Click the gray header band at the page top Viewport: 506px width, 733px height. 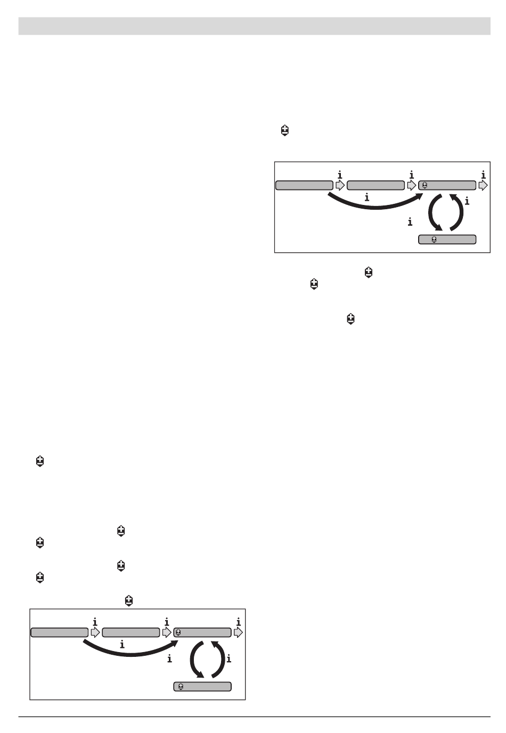pos(254,26)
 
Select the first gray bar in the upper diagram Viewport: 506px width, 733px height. pos(304,185)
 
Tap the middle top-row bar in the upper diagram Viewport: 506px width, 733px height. pos(376,185)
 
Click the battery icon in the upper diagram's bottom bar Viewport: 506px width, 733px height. pos(434,240)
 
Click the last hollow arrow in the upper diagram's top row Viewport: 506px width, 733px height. pos(483,185)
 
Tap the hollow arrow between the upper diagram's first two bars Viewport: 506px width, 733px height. pos(340,185)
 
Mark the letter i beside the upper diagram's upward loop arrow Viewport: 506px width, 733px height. pos(467,202)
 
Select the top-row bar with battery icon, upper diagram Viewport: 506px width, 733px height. pos(447,185)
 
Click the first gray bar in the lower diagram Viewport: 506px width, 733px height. pos(59,632)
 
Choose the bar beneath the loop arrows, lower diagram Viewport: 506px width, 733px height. pos(202,687)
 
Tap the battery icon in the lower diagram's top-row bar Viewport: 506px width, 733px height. pos(178,632)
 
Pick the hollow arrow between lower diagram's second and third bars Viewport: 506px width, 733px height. pos(167,632)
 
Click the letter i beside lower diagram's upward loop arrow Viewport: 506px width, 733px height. pos(228,658)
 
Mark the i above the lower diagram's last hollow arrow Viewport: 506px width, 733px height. pos(238,622)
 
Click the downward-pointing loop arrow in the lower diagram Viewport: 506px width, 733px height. pos(195,660)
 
